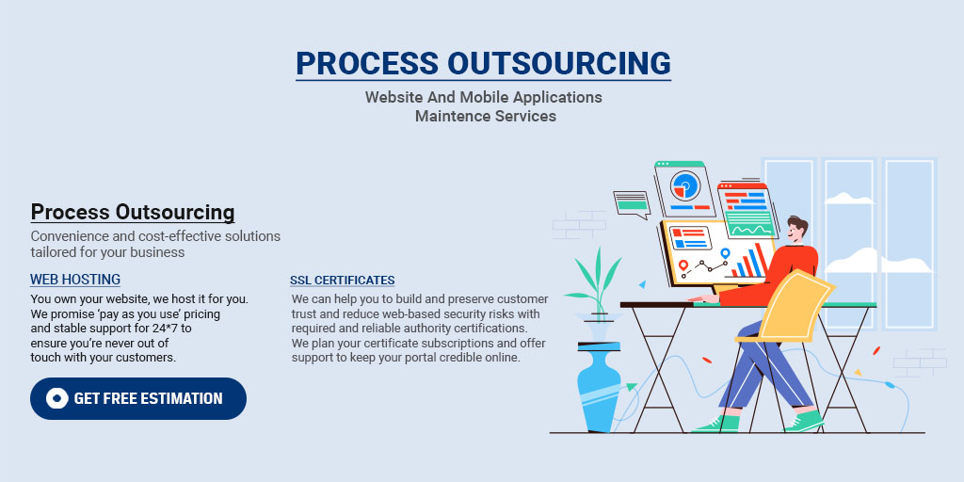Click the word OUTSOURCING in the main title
[x=558, y=62]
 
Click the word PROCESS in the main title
[x=367, y=62]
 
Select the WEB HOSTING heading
[x=75, y=280]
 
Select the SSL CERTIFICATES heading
[x=342, y=281]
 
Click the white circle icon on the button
[x=56, y=398]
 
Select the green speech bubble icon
[x=631, y=202]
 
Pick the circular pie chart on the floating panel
[x=687, y=185]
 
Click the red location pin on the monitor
[x=683, y=265]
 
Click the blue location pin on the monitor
[x=725, y=254]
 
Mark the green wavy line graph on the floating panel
[x=750, y=228]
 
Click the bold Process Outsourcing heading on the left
[x=133, y=212]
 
